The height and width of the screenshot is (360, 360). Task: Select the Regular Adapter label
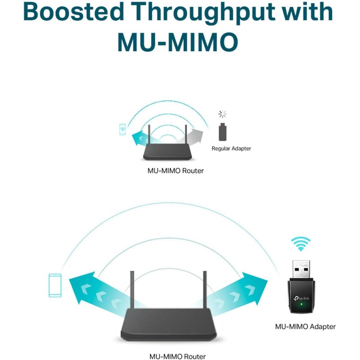[231, 148]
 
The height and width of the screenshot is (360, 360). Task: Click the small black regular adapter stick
[222, 132]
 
